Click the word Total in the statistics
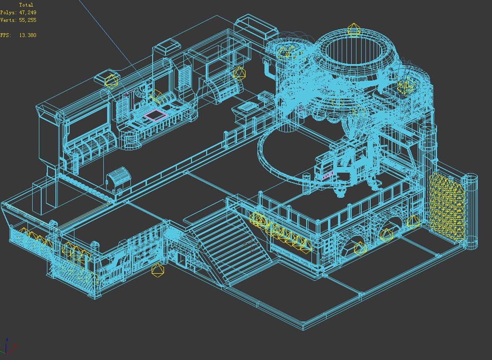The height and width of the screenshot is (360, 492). pyautogui.click(x=26, y=4)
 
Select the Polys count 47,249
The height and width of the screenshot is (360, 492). pyautogui.click(x=28, y=12)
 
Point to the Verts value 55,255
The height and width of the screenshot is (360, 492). pyautogui.click(x=28, y=20)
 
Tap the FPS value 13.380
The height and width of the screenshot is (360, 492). pyautogui.click(x=28, y=35)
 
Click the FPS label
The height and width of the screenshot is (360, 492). pyautogui.click(x=5, y=35)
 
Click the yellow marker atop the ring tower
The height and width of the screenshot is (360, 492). pyautogui.click(x=354, y=30)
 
